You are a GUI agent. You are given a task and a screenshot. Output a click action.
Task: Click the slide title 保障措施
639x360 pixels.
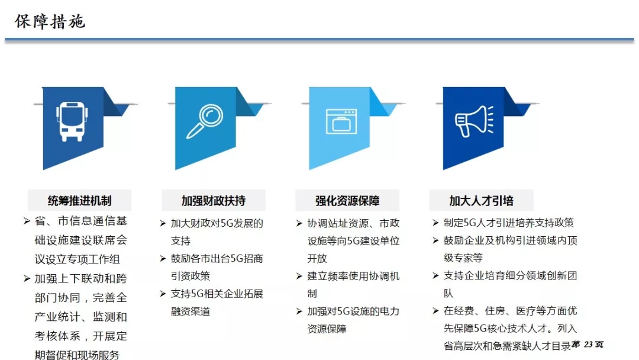[50, 21]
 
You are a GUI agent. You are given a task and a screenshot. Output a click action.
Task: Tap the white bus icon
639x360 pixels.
[72, 121]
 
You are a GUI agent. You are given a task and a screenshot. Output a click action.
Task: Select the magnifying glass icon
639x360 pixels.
[205, 121]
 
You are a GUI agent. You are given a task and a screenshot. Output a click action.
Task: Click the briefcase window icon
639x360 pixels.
[341, 121]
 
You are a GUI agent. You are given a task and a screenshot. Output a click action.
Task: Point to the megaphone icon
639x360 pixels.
[475, 121]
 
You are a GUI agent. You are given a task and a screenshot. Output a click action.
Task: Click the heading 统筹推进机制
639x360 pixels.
[79, 201]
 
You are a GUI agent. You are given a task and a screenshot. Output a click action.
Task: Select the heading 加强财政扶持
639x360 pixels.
[214, 201]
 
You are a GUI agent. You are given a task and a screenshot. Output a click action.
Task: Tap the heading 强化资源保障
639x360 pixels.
[347, 201]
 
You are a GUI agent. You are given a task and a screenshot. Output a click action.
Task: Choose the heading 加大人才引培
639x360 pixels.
[481, 201]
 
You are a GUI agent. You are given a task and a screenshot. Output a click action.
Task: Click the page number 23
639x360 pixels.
[588, 345]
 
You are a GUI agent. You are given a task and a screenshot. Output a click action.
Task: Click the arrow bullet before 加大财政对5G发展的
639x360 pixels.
[163, 223]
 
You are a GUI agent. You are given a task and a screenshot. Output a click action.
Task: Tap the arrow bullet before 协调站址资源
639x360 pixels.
[299, 223]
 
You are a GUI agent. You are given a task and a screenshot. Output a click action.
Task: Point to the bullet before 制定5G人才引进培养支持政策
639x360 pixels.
[435, 223]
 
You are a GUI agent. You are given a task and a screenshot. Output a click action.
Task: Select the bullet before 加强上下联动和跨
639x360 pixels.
[27, 278]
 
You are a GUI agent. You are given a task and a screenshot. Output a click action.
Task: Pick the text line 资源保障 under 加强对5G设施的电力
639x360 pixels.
[327, 329]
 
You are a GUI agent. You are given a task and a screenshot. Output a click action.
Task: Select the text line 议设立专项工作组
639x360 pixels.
[77, 259]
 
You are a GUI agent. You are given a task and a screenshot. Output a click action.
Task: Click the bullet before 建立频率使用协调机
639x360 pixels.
[299, 277]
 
